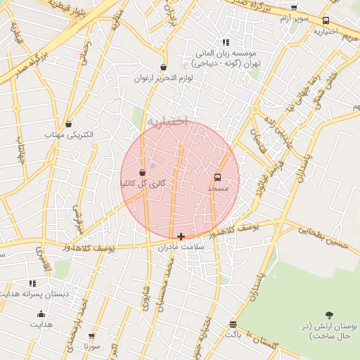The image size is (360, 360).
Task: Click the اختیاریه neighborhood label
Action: (168, 122)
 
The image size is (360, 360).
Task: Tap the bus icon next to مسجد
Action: (217, 178)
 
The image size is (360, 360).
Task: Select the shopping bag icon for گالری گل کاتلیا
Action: (143, 172)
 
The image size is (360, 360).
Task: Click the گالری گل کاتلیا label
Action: (143, 184)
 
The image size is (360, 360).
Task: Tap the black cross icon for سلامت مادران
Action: (181, 237)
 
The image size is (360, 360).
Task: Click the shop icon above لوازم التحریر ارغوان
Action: (164, 67)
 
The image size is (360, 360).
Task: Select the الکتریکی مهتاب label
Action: (64, 134)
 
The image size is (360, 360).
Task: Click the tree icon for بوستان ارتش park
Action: (330, 315)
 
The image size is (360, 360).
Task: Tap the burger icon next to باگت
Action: (233, 324)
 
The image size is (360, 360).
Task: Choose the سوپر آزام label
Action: (295, 18)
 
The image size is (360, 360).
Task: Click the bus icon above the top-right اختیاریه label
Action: (326, 21)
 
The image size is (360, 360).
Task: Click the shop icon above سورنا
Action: (91, 336)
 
